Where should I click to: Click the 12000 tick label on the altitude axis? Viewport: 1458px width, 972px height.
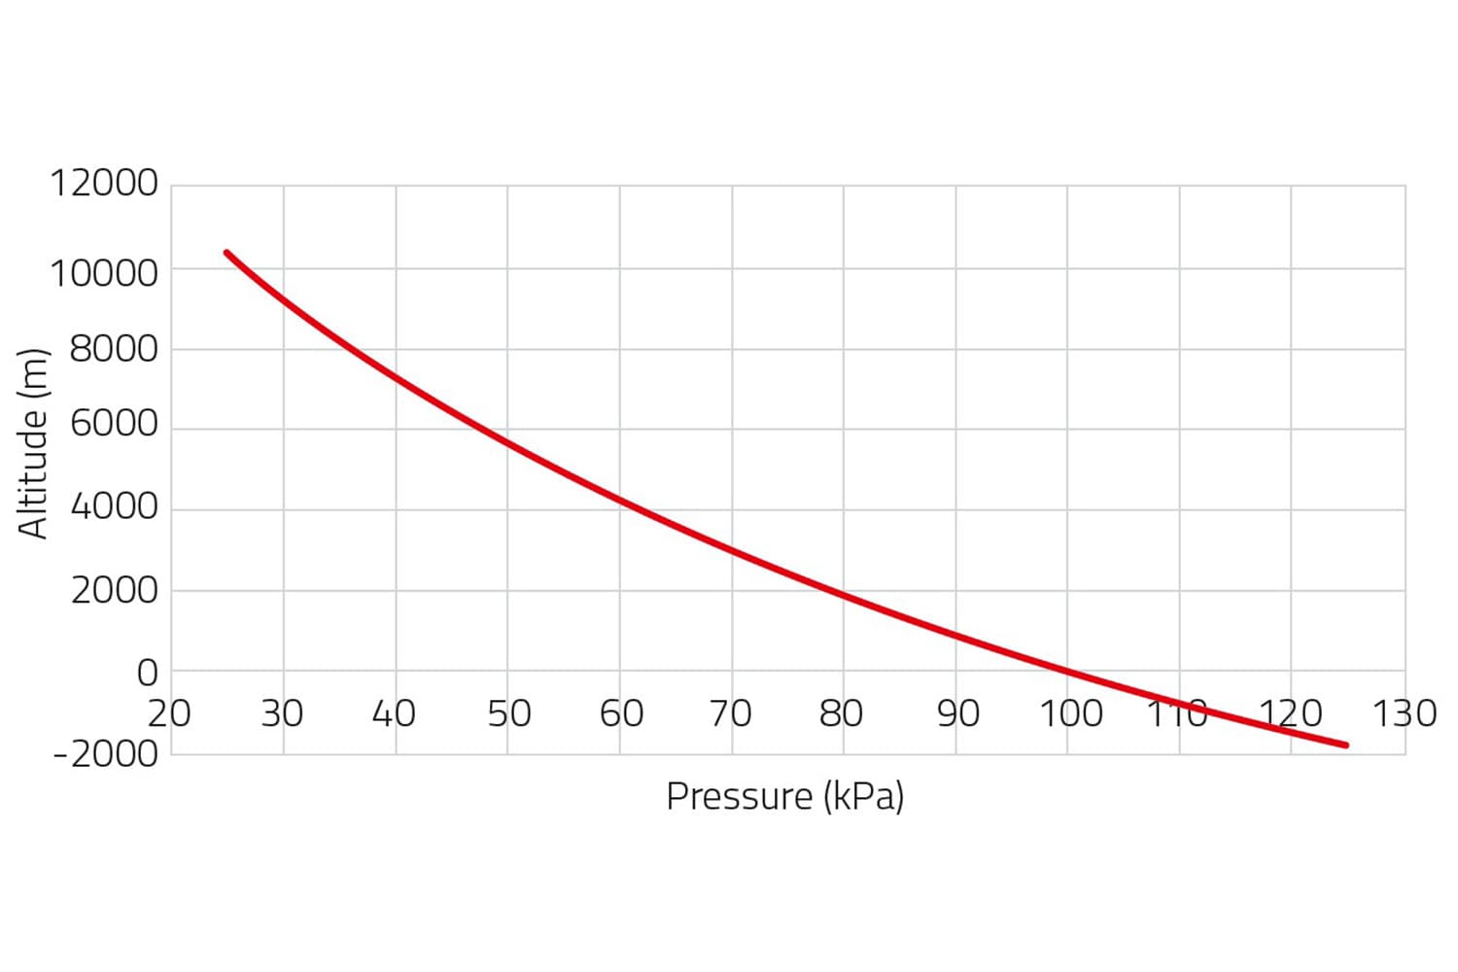104,183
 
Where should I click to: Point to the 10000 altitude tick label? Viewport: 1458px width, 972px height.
104,273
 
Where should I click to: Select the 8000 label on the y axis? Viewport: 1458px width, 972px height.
114,348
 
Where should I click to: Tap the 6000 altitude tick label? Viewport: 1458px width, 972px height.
114,424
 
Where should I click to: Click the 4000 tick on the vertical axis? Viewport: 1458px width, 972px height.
114,506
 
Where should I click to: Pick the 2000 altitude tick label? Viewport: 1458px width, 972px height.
114,589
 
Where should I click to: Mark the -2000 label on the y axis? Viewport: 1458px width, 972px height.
105,753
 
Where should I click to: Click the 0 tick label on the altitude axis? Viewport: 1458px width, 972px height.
147,672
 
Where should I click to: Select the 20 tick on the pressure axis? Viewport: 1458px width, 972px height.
170,713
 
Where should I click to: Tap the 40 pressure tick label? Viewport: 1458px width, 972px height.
394,713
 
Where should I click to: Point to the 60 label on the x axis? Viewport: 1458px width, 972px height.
621,713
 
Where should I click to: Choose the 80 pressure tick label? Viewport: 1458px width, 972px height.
841,713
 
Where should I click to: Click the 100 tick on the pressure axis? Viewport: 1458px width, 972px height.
1071,713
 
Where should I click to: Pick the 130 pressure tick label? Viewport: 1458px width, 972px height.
1404,713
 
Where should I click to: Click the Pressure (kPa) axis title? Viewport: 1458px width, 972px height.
785,796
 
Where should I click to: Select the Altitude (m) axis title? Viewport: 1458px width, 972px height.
33,443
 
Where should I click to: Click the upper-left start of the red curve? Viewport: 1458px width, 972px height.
226,253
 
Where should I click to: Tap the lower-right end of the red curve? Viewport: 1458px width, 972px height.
1346,746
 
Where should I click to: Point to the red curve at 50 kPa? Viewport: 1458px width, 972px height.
507,443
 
